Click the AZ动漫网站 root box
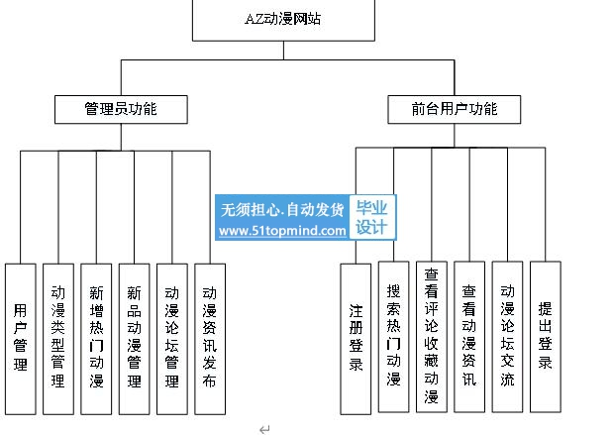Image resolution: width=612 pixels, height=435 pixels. tap(283, 20)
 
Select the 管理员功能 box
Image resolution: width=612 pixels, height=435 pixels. tap(121, 109)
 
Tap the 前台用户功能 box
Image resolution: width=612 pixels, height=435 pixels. tap(454, 109)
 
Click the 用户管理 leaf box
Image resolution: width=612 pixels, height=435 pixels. tap(20, 339)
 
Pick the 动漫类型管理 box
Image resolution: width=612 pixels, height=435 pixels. tap(58, 339)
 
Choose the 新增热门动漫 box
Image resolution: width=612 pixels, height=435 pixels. tap(96, 339)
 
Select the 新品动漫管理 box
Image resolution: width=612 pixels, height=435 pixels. tap(134, 339)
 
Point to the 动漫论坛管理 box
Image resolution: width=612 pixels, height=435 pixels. tap(172, 339)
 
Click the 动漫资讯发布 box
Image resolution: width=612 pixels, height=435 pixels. tap(210, 339)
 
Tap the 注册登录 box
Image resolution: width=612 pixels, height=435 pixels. tap(356, 339)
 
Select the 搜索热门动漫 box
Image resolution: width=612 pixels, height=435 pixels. tap(393, 337)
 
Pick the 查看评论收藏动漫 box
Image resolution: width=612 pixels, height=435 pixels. tap(432, 337)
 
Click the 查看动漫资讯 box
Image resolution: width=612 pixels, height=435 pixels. tap(469, 337)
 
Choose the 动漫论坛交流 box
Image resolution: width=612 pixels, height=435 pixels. tap(507, 337)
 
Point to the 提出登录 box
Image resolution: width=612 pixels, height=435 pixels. tap(546, 337)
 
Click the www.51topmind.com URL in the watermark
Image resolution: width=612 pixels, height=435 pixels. tap(282, 231)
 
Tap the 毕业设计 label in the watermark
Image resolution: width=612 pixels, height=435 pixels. tap(371, 218)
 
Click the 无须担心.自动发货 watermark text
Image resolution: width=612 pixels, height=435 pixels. tap(282, 210)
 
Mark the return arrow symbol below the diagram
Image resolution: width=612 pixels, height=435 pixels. tap(264, 429)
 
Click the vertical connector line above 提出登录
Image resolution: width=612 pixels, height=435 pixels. tap(546, 204)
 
